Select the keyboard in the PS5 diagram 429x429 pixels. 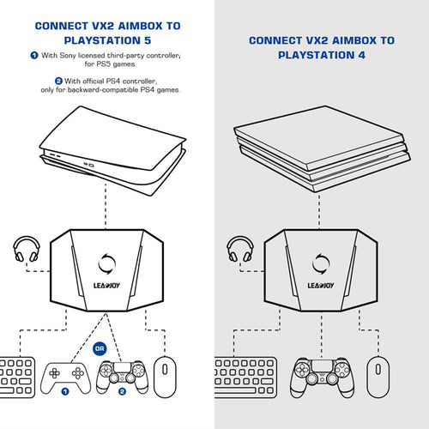click(16, 376)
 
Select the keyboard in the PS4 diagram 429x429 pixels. click(233, 376)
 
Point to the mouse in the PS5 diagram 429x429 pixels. click(163, 375)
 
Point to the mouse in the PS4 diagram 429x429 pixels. click(375, 375)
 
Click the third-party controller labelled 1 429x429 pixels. click(63, 376)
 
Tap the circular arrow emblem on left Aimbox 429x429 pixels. click(106, 259)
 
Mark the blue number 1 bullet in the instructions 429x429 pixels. click(33, 56)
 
